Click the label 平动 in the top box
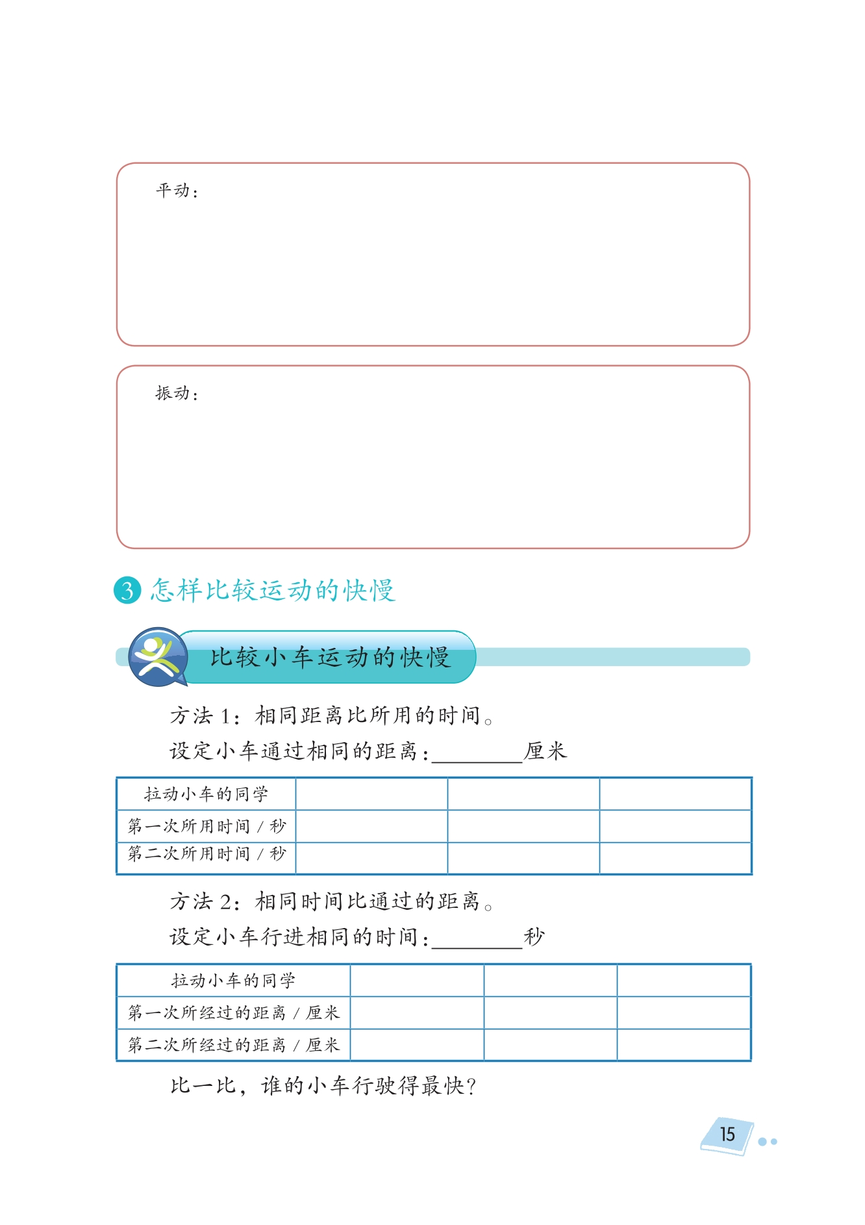(x=173, y=190)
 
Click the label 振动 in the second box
(x=173, y=393)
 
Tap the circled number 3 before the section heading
(x=127, y=590)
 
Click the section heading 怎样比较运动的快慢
(x=273, y=590)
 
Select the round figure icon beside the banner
(x=157, y=656)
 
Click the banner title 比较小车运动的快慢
(x=330, y=657)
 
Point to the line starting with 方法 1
(x=331, y=716)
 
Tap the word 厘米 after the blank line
(x=545, y=751)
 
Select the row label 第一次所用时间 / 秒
(x=207, y=826)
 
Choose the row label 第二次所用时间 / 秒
(x=207, y=853)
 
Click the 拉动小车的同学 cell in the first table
(x=207, y=793)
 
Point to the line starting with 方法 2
(x=331, y=901)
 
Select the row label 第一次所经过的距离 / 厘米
(x=234, y=1012)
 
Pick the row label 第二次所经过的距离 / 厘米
(x=234, y=1044)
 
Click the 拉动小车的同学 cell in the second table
(x=234, y=980)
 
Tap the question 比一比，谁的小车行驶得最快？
(x=323, y=1086)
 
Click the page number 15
(x=727, y=1134)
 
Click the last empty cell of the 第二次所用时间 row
(x=675, y=858)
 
